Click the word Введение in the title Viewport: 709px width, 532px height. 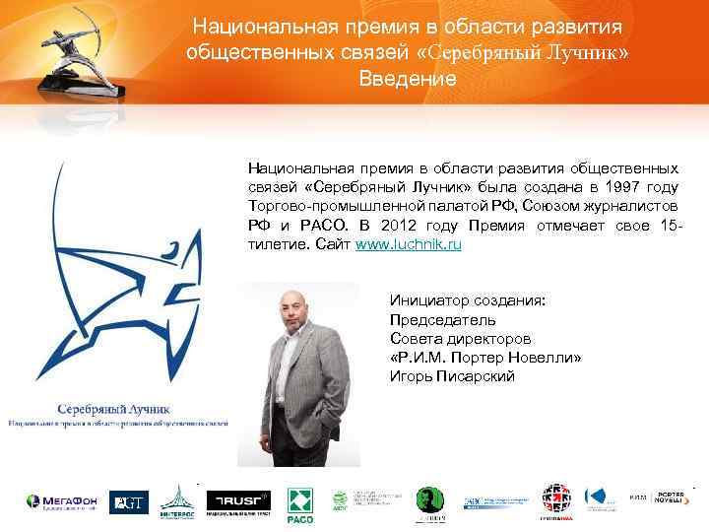point(408,79)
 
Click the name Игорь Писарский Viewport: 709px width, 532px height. point(452,376)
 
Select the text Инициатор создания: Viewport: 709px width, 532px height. point(467,301)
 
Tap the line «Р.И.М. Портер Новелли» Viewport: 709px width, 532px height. point(485,358)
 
